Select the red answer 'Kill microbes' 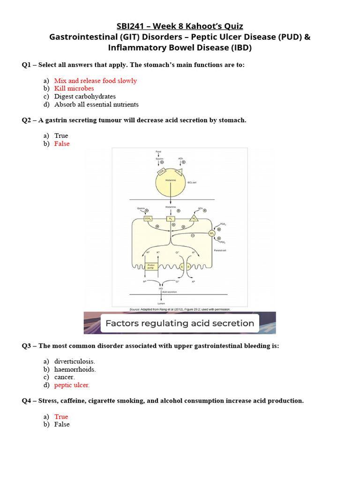click(x=74, y=89)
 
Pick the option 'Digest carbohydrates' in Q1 click(x=85, y=97)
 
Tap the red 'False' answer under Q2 click(x=61, y=144)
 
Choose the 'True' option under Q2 click(x=61, y=136)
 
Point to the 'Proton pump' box click(x=151, y=266)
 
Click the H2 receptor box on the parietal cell click(x=171, y=219)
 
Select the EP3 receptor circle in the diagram click(x=212, y=233)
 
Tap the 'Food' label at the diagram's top click(x=158, y=152)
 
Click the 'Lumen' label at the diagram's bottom click(x=161, y=304)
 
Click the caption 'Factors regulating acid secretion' click(x=180, y=323)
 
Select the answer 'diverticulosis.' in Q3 click(x=75, y=361)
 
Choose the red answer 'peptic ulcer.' click(x=72, y=385)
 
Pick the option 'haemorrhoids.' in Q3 click(x=75, y=369)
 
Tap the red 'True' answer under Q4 click(x=61, y=417)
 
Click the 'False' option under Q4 click(x=61, y=424)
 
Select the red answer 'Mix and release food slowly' click(x=96, y=81)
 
